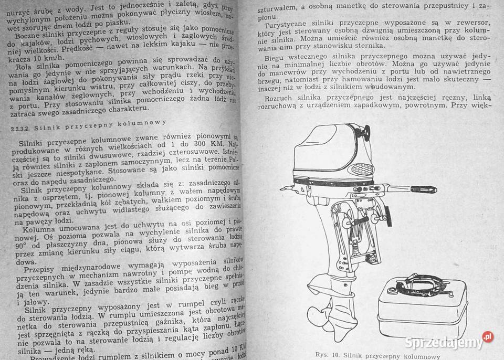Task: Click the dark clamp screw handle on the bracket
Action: click(x=388, y=216)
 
